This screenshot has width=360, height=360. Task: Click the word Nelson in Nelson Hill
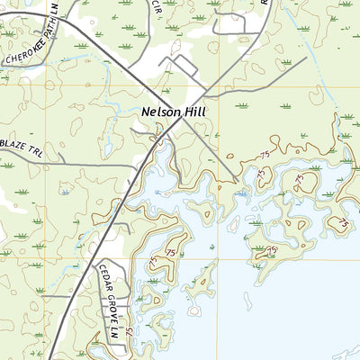tap(160, 112)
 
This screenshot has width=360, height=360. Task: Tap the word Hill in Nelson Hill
tap(194, 112)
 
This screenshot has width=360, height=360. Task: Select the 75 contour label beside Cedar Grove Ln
tap(131, 331)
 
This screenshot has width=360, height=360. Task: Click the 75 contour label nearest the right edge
tap(343, 221)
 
